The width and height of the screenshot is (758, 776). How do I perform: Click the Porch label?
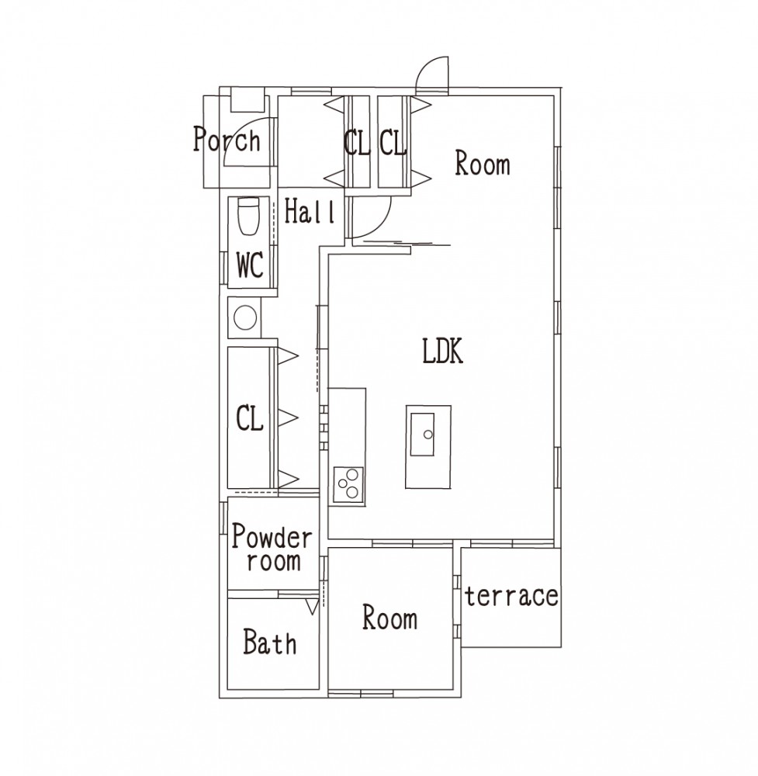(227, 140)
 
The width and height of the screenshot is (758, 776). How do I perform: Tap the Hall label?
(310, 211)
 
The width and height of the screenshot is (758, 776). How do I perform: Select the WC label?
(250, 265)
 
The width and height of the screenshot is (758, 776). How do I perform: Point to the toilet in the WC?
(249, 217)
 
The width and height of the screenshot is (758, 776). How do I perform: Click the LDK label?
(443, 351)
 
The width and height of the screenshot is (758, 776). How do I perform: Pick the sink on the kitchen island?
(422, 434)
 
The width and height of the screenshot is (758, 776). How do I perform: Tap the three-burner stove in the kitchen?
(348, 483)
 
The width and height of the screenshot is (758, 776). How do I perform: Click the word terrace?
(511, 595)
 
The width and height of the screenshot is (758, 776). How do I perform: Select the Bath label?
(270, 642)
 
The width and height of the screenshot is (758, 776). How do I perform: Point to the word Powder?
(272, 536)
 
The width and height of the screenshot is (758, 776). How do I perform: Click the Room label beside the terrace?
(390, 618)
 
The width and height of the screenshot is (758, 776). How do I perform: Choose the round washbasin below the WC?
(245, 317)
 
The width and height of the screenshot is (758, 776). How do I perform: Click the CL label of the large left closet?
(250, 418)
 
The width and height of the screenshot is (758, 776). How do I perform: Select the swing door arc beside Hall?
(380, 223)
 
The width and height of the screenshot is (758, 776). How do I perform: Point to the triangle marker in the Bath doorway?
(312, 607)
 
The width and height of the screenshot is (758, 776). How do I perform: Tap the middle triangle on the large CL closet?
(288, 418)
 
